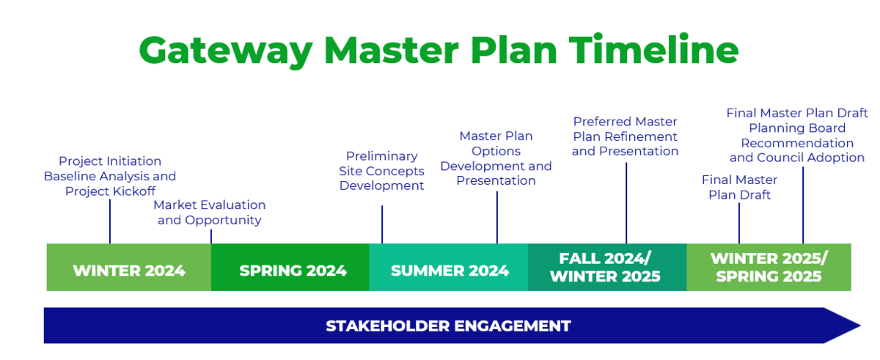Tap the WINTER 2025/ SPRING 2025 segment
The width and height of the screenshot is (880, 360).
coord(769,268)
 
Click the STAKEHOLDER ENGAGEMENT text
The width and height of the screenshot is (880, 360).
coord(448,326)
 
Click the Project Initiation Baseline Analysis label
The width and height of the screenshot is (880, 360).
coord(110,176)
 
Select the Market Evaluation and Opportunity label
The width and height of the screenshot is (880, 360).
coord(210,213)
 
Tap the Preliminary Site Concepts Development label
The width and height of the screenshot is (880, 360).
coord(381,171)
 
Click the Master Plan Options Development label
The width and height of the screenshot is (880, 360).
coord(496,158)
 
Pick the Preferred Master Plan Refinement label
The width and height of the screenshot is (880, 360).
coord(626,136)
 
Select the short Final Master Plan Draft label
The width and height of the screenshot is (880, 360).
coord(739,187)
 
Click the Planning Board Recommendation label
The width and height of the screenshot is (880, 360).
coord(797,136)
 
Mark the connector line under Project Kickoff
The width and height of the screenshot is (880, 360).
coord(110,221)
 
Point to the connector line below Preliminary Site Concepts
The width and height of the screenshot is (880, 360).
coord(382,224)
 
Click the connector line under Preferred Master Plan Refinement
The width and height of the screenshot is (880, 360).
coord(626,202)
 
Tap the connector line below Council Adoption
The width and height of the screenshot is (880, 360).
coord(803,205)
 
